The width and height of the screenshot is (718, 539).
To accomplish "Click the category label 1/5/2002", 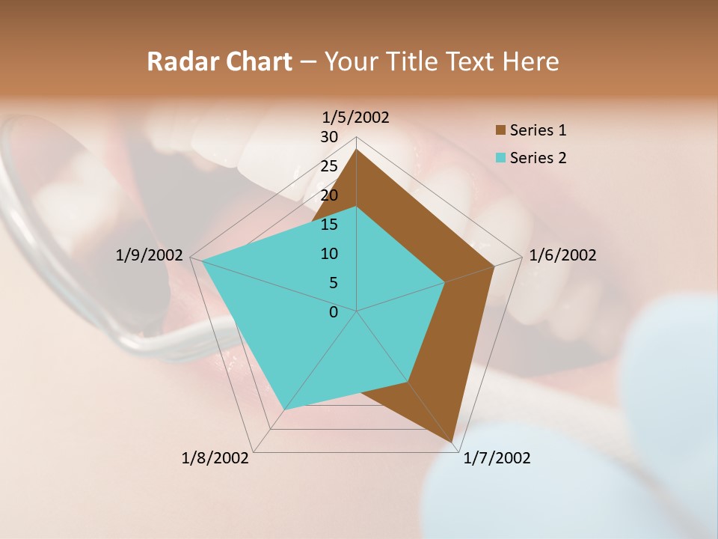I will tap(356, 118).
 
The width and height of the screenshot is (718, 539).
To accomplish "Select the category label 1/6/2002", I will tap(562, 255).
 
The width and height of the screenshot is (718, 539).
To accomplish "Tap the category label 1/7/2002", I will tap(497, 458).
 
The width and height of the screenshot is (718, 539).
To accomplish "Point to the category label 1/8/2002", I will tap(215, 458).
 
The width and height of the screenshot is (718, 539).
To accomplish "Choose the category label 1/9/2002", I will tap(150, 255).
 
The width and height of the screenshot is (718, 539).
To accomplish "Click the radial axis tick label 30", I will tap(329, 137).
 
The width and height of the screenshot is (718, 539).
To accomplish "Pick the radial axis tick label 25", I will tap(329, 166).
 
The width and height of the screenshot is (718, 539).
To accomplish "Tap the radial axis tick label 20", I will tap(329, 195).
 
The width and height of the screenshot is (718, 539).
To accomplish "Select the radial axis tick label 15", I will tap(329, 225).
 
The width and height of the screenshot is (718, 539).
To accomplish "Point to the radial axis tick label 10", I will tap(329, 254).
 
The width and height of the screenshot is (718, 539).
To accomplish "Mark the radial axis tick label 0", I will tap(334, 312).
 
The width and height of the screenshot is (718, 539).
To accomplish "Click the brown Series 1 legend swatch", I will tap(500, 131).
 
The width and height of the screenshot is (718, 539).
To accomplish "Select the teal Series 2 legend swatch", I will tap(500, 158).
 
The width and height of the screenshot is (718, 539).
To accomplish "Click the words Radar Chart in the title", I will tap(219, 62).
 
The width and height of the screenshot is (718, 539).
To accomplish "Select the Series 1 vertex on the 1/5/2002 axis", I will tap(357, 149).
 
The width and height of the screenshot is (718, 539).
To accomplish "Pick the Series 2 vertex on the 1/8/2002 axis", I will tap(284, 409).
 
